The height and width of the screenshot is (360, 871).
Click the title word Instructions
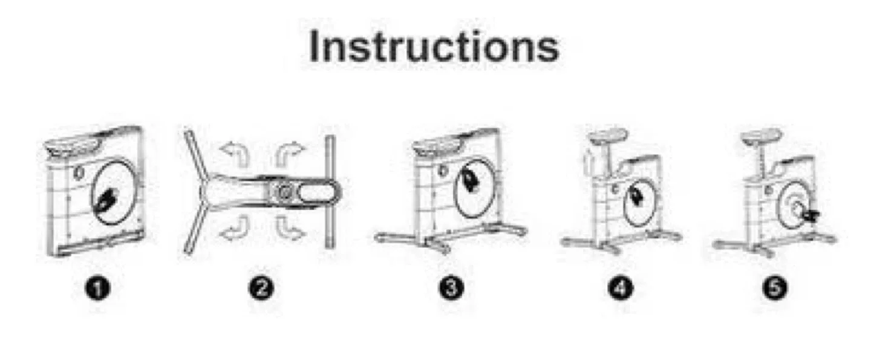coord(434,47)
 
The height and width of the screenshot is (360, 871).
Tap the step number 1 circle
coord(98,289)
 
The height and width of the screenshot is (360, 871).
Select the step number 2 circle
coord(261,289)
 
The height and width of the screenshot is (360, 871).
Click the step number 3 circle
coord(451,289)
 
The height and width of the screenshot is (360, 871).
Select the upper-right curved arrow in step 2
coord(289,154)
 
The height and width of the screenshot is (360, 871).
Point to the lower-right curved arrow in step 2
coord(289,228)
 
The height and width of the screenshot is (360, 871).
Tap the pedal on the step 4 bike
coord(635,195)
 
